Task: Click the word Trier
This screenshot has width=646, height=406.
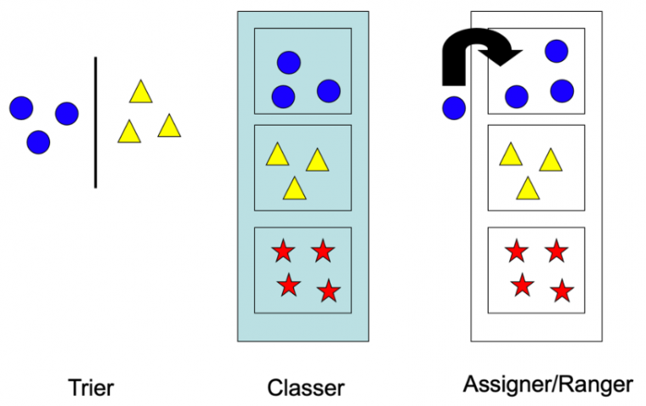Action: coord(91,389)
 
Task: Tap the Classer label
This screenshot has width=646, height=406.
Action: coord(306,389)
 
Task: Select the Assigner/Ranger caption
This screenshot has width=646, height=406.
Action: coord(548,385)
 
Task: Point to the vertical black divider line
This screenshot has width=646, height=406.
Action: coord(95,121)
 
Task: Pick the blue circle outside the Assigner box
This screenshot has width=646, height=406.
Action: coord(454,108)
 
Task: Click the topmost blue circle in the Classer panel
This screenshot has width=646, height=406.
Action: coord(289,62)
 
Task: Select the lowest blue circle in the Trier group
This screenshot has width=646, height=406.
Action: coord(38,142)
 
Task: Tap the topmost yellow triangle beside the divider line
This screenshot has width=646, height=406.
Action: coord(140,92)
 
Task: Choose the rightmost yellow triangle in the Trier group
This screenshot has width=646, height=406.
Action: coord(170,126)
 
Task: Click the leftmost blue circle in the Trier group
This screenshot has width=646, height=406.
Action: coord(21,108)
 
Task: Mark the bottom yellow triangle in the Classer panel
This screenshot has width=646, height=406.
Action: coord(294,188)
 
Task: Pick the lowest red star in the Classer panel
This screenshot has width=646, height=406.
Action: coord(328,291)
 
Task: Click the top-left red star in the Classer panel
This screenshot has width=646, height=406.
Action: coord(283,251)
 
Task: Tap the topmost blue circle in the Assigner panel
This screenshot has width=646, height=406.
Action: coord(556,51)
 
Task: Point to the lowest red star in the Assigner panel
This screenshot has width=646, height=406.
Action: coord(561,291)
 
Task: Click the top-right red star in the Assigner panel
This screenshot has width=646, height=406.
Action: coord(556,251)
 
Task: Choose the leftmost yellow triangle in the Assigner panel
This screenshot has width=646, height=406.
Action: coord(510,155)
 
